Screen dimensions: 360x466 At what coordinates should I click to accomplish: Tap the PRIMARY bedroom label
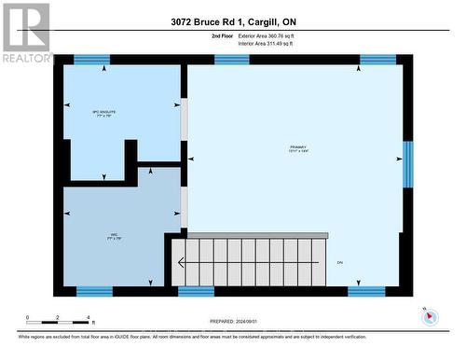click(x=298, y=149)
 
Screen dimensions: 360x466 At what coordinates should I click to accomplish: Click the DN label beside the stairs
click(x=340, y=262)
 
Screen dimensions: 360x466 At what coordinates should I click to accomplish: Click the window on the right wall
click(x=407, y=164)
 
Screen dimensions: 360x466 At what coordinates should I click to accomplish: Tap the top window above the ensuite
click(x=91, y=60)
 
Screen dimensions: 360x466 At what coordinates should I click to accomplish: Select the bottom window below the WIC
click(x=94, y=291)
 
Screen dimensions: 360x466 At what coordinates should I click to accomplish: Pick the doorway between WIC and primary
click(x=184, y=207)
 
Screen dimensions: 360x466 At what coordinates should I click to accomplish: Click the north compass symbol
click(x=430, y=315)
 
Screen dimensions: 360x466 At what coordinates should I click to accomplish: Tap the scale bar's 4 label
click(x=88, y=317)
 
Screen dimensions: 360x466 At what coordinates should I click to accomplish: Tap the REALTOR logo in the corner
click(x=26, y=33)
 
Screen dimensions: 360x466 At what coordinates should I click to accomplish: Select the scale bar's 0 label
click(x=28, y=317)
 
